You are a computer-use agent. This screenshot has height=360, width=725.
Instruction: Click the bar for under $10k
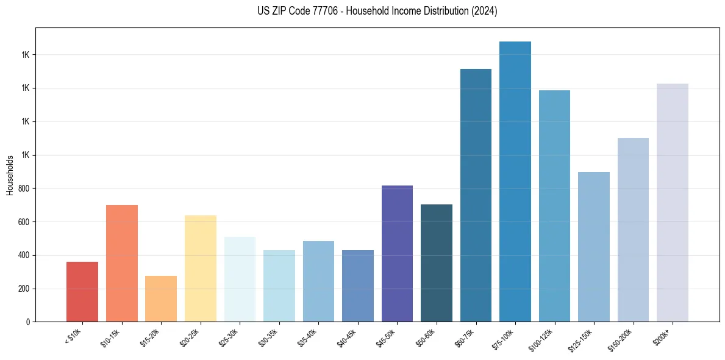(x=82, y=292)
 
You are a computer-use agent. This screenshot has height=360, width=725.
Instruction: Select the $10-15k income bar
(x=122, y=264)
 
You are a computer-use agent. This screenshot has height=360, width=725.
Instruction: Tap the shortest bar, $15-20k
(x=161, y=299)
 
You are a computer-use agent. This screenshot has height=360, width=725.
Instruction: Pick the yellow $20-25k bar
(x=201, y=268)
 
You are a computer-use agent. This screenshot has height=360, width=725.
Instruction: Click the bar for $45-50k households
(x=397, y=254)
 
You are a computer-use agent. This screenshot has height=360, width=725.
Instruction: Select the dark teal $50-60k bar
(x=437, y=263)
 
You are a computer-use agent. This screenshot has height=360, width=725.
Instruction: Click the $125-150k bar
(x=594, y=247)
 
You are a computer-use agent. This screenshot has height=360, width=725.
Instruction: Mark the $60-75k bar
(x=476, y=195)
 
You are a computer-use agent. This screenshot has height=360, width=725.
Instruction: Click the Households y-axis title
(x=10, y=175)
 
